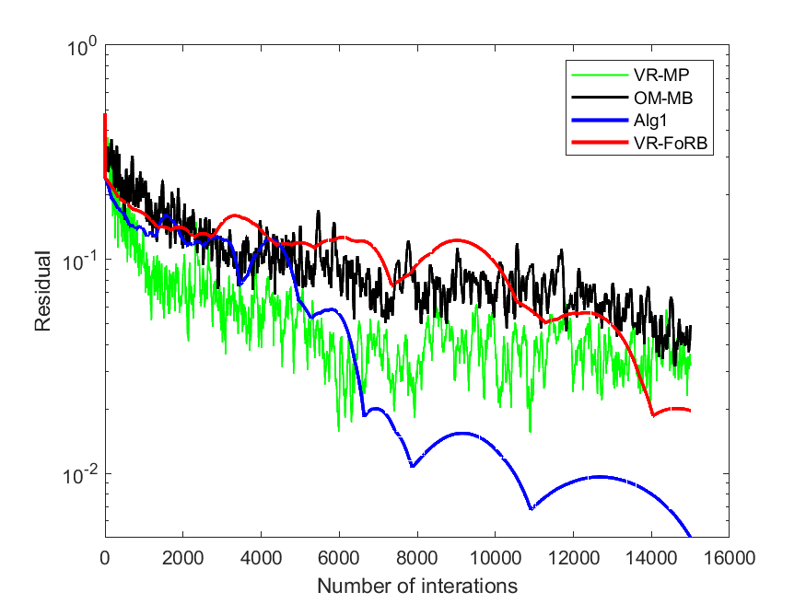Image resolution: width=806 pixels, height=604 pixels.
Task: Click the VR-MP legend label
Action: click(x=661, y=75)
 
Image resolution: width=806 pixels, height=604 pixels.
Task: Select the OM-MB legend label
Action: click(x=663, y=98)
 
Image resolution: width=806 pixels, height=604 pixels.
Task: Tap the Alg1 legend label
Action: click(x=650, y=121)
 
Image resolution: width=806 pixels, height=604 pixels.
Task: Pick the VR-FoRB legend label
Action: click(x=671, y=143)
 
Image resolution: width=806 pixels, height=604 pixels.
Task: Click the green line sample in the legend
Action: click(x=600, y=75)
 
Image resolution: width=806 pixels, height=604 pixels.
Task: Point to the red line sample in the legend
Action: click(x=600, y=143)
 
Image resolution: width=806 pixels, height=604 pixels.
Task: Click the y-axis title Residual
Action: click(x=43, y=291)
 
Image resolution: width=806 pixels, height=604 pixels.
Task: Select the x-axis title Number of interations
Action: click(x=417, y=586)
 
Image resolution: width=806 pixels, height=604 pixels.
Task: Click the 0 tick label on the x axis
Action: click(x=105, y=558)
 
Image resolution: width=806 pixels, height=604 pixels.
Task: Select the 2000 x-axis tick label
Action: click(x=183, y=558)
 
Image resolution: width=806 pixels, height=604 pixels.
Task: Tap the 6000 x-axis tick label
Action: click(x=339, y=558)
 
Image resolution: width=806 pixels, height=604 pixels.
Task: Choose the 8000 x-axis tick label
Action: click(x=417, y=558)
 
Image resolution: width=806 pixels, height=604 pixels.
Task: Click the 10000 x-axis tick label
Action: click(x=496, y=558)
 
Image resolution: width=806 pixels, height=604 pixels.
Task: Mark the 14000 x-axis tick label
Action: click(x=651, y=558)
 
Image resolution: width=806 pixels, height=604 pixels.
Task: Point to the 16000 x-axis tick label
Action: click(x=730, y=558)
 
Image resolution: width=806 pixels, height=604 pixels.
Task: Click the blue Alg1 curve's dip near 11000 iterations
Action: click(x=531, y=508)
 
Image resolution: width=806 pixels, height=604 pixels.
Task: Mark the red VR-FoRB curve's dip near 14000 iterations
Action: click(x=653, y=414)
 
